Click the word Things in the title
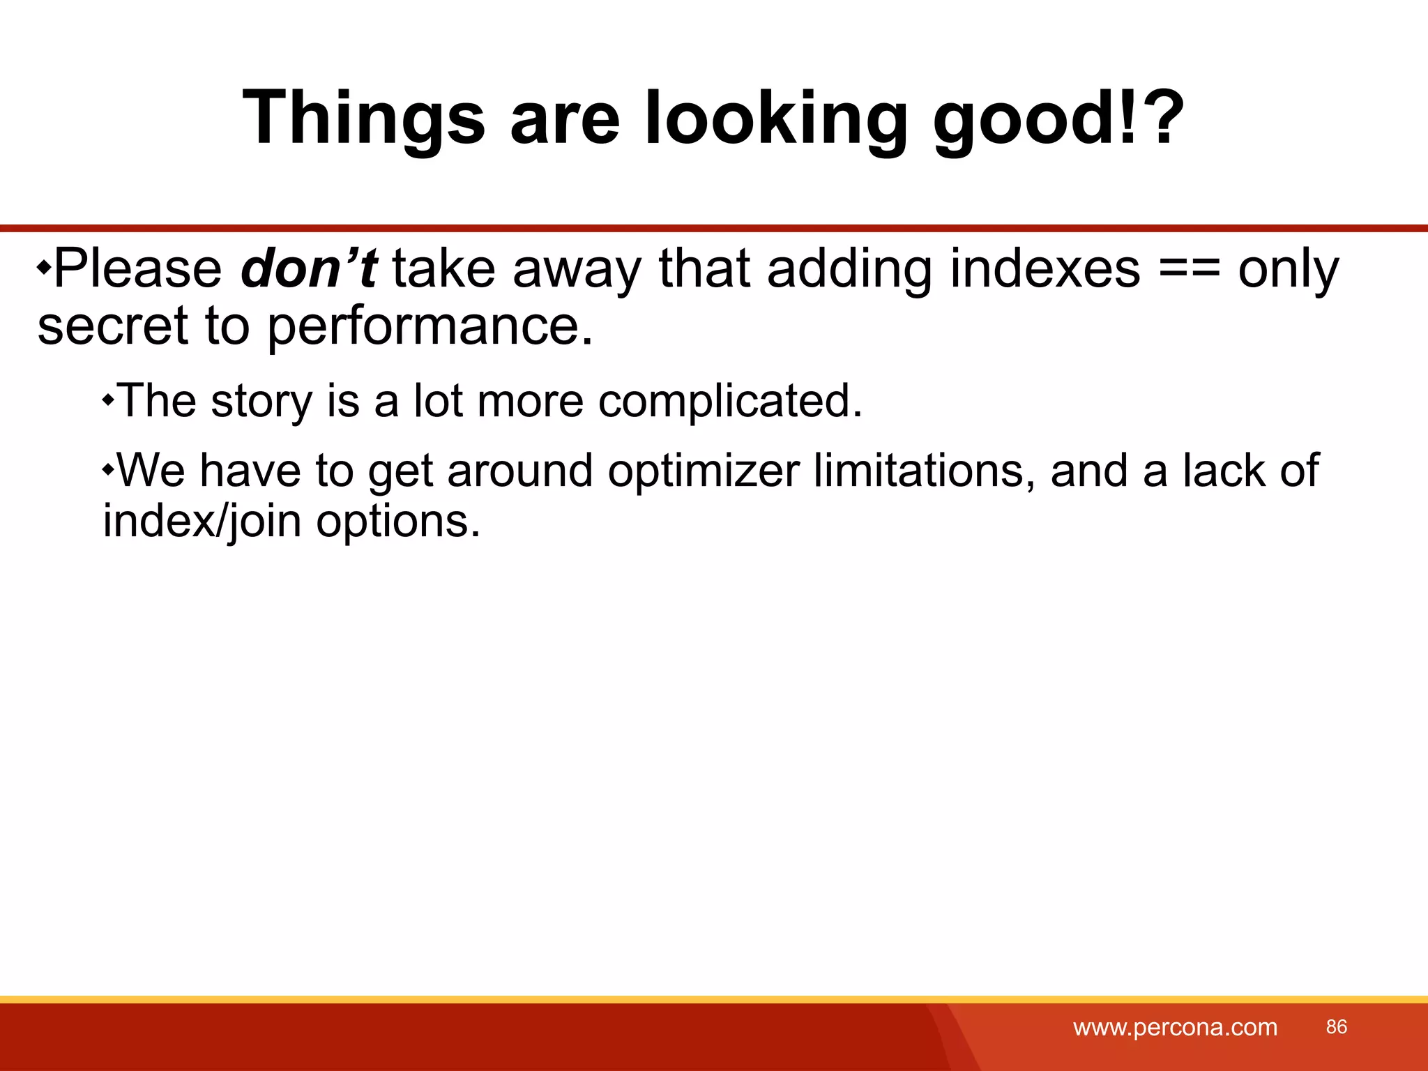(x=363, y=119)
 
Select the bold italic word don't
(x=308, y=269)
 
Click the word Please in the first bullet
(x=137, y=269)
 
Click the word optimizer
(x=703, y=472)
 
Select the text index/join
(x=202, y=522)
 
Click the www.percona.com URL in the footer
(x=1175, y=1027)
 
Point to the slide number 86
(x=1336, y=1026)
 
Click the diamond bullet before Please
(x=44, y=267)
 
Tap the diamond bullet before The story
(x=108, y=400)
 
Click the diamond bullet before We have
(x=108, y=469)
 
